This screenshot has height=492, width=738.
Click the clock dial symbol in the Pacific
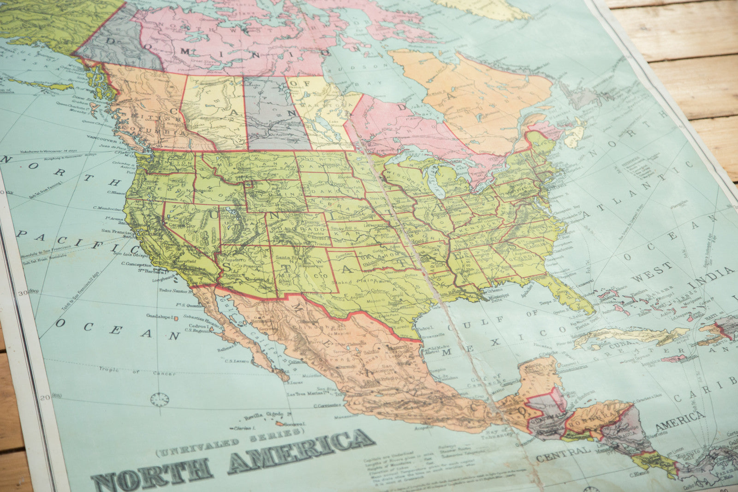[159, 399]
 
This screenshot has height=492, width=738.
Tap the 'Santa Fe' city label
[286, 258]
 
